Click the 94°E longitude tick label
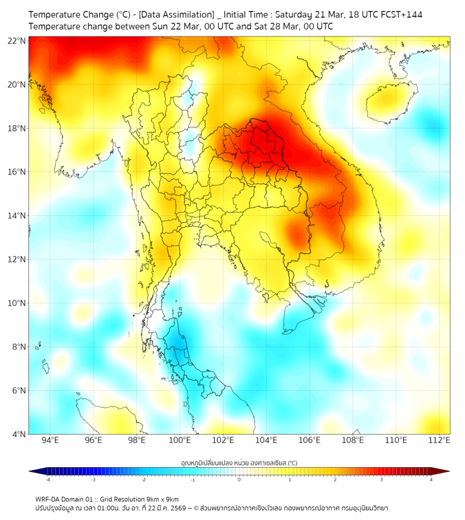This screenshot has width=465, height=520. tap(50, 440)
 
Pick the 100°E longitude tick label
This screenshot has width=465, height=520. tap(180, 440)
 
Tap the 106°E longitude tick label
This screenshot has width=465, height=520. tap(310, 440)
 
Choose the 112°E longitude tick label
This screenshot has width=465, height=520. tap(440, 440)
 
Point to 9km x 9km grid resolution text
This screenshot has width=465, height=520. tap(161, 499)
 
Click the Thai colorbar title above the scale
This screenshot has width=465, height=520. tap(239, 462)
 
